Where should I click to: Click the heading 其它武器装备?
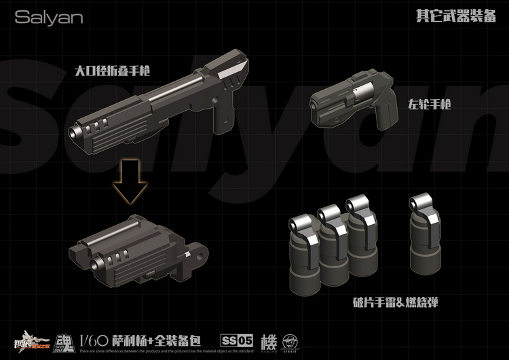pyautogui.click(x=455, y=17)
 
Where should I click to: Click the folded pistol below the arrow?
pyautogui.click(x=136, y=251)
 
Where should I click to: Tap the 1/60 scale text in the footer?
pyautogui.click(x=92, y=340)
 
